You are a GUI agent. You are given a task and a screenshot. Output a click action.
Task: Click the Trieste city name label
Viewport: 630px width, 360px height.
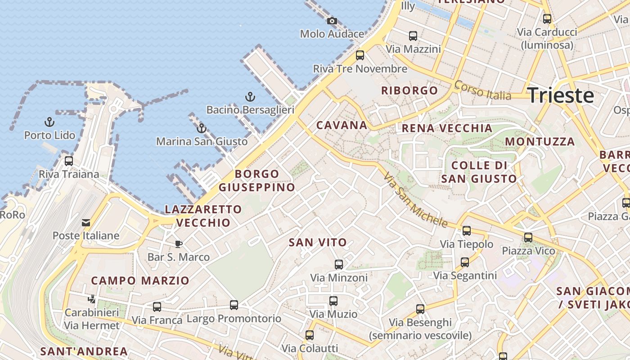[x=560, y=95]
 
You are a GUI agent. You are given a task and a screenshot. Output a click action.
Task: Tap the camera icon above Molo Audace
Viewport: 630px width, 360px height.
[x=332, y=21]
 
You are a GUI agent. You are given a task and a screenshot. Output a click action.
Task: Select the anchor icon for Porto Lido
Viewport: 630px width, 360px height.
[x=49, y=122]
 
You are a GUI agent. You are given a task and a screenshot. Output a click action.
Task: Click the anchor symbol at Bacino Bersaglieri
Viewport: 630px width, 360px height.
[x=250, y=97]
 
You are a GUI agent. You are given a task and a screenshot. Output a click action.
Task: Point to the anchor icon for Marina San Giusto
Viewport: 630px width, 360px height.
[x=202, y=128]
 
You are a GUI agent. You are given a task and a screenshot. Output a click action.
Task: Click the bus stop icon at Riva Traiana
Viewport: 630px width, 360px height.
[x=69, y=161]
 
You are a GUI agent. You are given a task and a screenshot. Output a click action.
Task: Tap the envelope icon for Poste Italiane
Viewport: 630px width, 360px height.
[x=85, y=223]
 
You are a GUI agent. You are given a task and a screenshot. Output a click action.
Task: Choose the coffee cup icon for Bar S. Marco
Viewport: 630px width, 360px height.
[x=179, y=244]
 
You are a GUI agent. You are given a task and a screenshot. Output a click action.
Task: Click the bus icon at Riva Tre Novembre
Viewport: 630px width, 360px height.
[x=360, y=55]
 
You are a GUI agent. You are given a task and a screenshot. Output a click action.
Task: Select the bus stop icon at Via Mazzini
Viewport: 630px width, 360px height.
[x=413, y=36]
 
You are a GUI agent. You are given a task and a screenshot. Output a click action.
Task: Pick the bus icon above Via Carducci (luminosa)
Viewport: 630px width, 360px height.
[x=547, y=19]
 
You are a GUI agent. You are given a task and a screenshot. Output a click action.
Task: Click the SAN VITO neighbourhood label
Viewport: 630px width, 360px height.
[x=318, y=243]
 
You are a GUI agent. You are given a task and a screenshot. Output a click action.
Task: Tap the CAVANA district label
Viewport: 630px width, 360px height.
[x=342, y=125]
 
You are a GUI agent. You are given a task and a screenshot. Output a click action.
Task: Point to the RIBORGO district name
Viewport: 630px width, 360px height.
[x=409, y=90]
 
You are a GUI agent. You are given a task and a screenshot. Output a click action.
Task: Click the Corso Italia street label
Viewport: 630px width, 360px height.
[x=482, y=90]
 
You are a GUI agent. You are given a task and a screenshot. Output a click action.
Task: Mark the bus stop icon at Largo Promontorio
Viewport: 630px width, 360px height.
[x=234, y=305]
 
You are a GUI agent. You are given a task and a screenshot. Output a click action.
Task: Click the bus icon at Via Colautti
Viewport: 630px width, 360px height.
[x=310, y=335]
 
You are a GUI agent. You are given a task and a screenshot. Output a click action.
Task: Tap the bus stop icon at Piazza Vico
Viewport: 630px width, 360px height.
[x=528, y=237]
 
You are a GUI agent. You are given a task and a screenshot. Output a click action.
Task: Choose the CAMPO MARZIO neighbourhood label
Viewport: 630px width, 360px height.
[x=140, y=281]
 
